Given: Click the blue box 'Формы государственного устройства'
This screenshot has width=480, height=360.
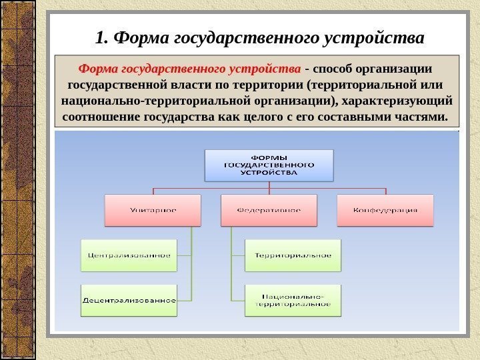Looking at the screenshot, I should coord(269,164).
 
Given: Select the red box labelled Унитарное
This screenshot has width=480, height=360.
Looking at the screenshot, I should coord(153,210).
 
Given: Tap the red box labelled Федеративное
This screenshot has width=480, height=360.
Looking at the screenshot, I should coord(269,210).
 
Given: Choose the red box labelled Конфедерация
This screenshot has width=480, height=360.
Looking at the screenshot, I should coord(385,210).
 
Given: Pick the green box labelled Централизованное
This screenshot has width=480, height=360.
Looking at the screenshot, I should coord(129,255).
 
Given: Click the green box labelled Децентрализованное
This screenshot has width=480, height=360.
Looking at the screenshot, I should coord(129,300).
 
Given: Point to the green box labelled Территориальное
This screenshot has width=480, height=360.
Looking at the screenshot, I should coord(293,255).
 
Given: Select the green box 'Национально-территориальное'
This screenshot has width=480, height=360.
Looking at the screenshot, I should coord(293,300).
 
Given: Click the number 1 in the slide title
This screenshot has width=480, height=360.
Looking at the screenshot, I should coord(100,38).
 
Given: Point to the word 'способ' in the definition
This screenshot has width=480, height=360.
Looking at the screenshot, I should coord(333,69).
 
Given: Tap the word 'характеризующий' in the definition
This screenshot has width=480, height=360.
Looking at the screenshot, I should coord(397,101).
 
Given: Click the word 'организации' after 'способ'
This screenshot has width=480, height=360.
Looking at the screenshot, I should coord(395,69).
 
